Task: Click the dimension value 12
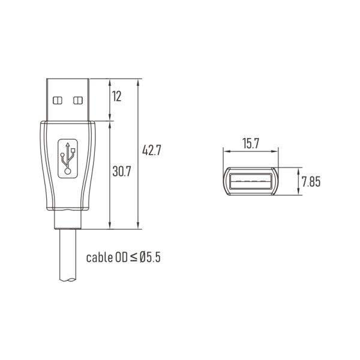point(116,96)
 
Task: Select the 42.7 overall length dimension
point(152,150)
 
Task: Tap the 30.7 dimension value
point(121,171)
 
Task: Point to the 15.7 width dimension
point(251,143)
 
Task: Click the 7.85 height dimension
point(311,181)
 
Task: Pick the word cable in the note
point(99,257)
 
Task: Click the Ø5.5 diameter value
point(150,257)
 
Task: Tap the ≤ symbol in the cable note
point(133,257)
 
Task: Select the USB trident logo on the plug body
point(67,158)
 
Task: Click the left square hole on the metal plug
point(58,100)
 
